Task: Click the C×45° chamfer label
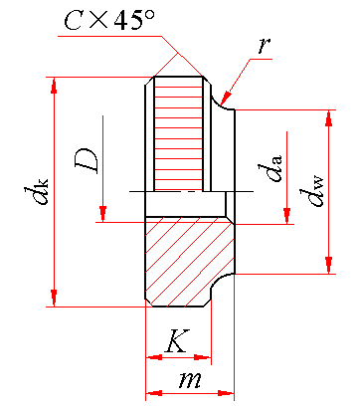tap(109, 20)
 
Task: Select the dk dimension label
tap(36, 191)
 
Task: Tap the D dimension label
tap(87, 161)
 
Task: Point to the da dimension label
tap(270, 168)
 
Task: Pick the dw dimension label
tap(311, 193)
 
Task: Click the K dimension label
tap(177, 340)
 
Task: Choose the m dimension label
tap(190, 380)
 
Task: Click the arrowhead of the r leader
tap(226, 99)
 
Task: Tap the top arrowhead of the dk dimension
tap(54, 86)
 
